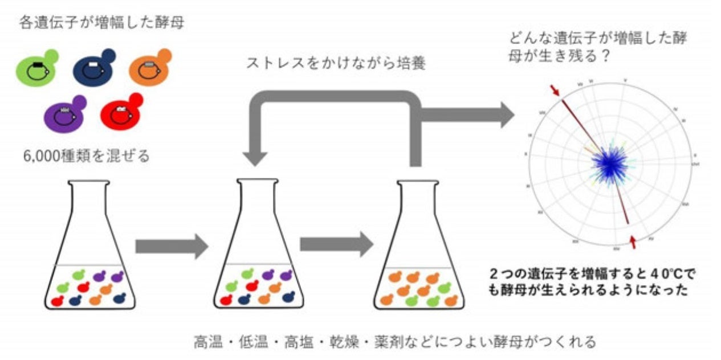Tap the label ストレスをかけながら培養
point(336,63)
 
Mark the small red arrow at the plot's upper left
point(555,90)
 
